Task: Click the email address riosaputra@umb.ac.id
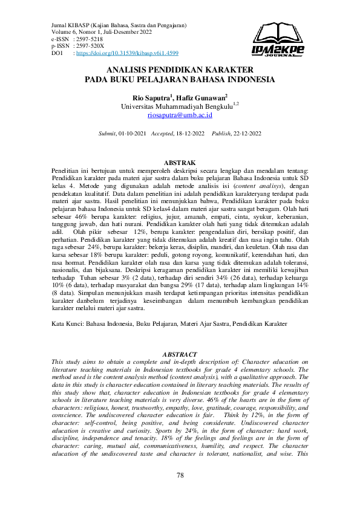coord(180,114)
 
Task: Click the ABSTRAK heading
coord(180,163)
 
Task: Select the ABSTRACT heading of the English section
coord(180,354)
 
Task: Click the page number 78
coord(180,475)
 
